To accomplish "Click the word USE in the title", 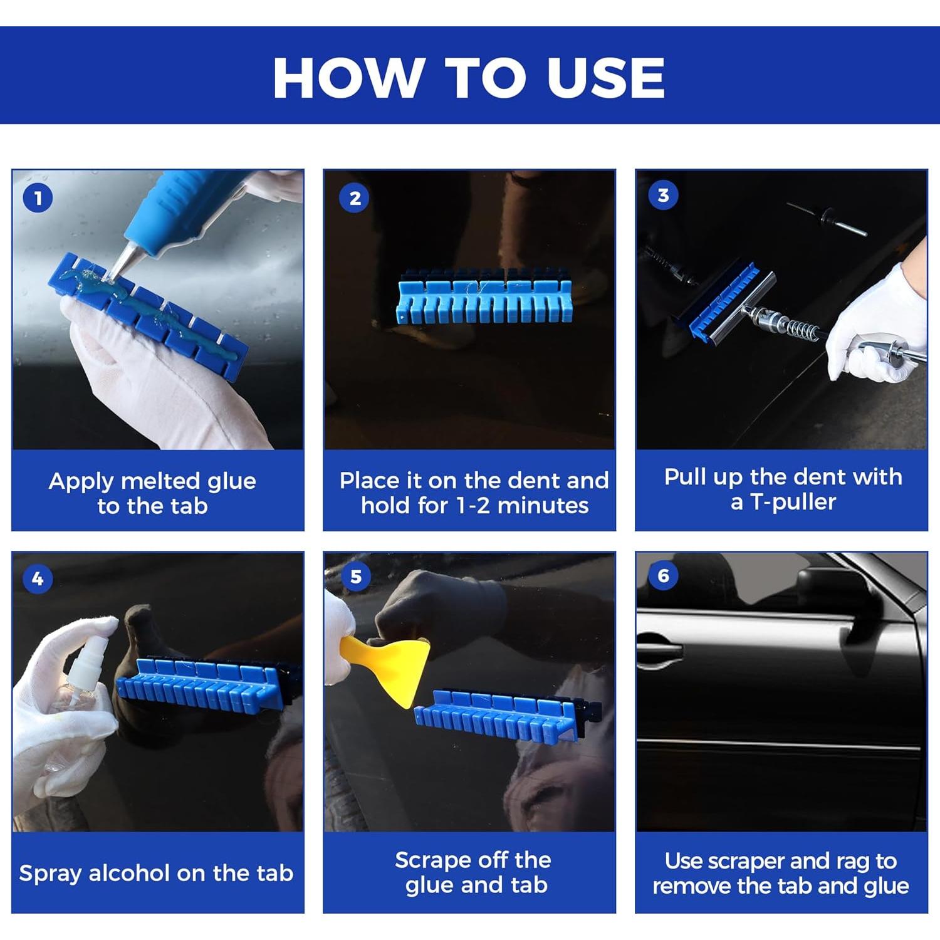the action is [605, 78].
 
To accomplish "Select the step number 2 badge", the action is [354, 198].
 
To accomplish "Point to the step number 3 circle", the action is [663, 195].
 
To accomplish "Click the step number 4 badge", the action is [38, 578].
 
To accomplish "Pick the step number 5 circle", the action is [355, 576].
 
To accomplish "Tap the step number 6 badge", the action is [663, 575].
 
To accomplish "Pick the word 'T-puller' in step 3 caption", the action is [793, 502].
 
